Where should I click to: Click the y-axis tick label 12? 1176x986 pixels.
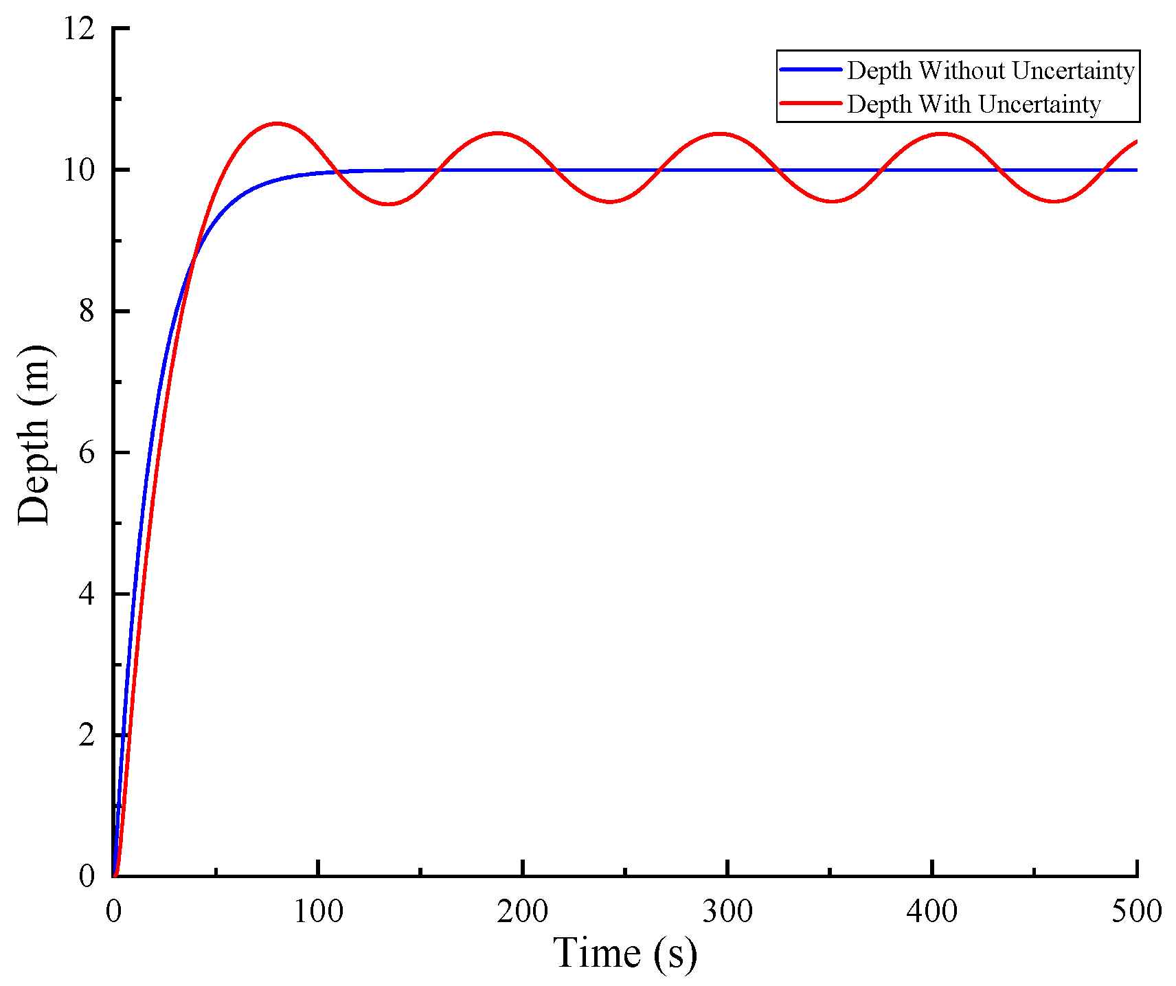78,30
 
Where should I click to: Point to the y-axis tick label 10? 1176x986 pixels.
78,170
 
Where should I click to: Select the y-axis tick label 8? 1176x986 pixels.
87,312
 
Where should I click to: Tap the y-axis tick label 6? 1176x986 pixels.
87,453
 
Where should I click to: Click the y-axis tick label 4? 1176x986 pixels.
87,594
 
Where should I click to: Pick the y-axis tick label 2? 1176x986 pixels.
87,736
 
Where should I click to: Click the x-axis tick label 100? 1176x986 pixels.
318,912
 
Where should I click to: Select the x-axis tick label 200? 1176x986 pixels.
523,912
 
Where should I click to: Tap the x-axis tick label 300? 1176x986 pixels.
727,912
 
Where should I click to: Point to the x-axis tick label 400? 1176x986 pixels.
931,912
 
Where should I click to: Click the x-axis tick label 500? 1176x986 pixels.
1136,912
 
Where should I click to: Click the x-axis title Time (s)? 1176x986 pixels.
624,954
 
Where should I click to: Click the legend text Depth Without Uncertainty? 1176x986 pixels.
990,71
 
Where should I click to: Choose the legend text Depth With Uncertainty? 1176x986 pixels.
973,104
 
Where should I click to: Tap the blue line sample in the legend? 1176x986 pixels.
811,70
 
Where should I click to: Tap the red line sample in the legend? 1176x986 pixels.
811,104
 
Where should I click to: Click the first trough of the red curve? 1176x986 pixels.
389,204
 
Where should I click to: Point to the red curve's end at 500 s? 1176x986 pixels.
1137,142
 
